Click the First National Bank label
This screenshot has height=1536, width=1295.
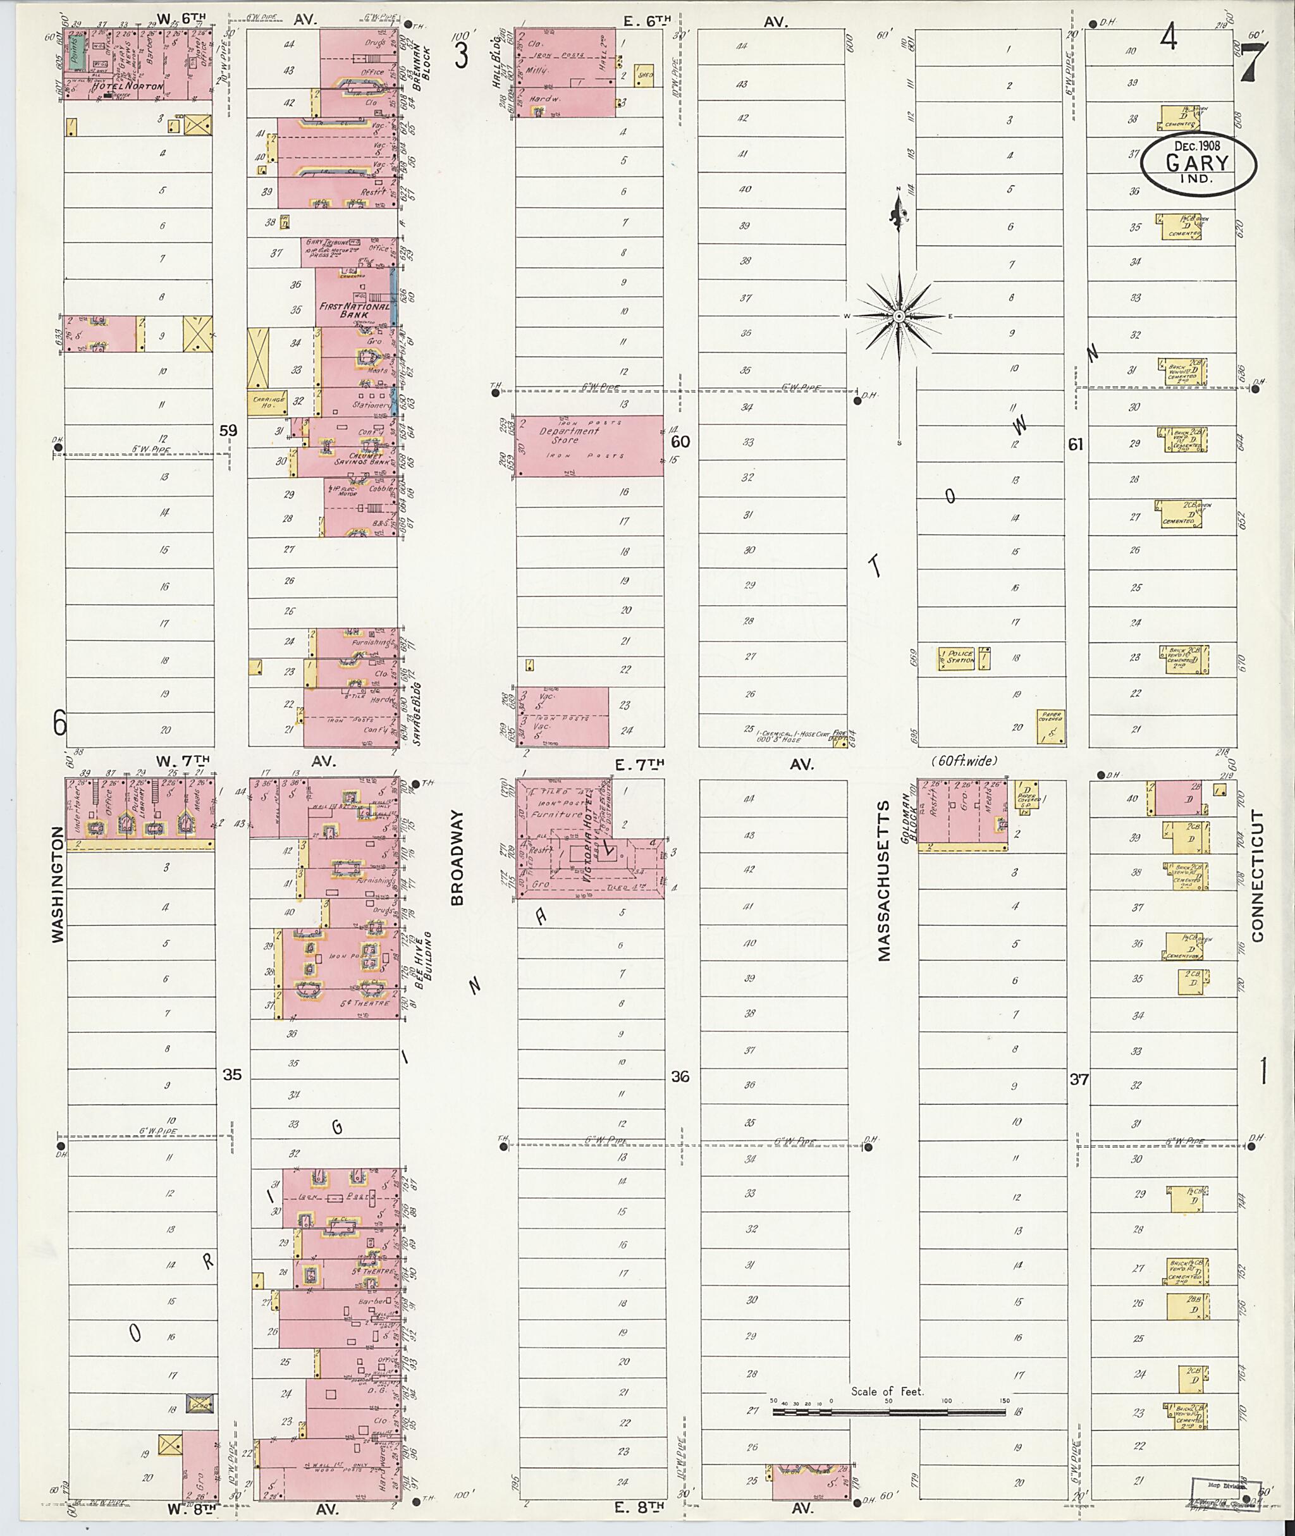(354, 310)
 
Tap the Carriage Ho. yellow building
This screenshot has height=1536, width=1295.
(266, 402)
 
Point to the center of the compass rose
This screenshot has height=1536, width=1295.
(899, 316)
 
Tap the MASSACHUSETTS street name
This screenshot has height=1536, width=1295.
(883, 880)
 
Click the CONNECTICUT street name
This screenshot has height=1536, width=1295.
(1258, 876)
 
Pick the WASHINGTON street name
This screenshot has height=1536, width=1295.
(58, 883)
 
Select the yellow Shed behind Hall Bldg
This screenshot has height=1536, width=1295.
(644, 75)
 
